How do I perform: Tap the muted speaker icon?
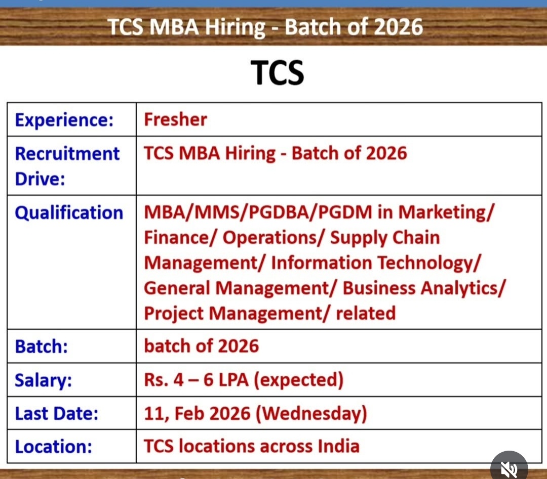click(x=509, y=468)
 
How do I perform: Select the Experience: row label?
click(x=64, y=120)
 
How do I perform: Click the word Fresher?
click(x=175, y=119)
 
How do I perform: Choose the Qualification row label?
click(x=69, y=212)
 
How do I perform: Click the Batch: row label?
click(x=42, y=346)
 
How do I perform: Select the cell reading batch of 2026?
click(x=201, y=346)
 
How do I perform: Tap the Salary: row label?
click(x=44, y=380)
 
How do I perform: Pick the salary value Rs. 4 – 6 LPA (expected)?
click(x=243, y=380)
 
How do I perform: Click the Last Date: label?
click(x=57, y=413)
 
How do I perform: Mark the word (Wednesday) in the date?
click(x=311, y=413)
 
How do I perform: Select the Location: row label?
click(x=54, y=447)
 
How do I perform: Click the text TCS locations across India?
click(x=252, y=446)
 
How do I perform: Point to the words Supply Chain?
click(x=385, y=237)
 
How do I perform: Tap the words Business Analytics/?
click(x=423, y=288)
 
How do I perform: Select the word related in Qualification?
click(x=366, y=313)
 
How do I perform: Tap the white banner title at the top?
click(x=265, y=26)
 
